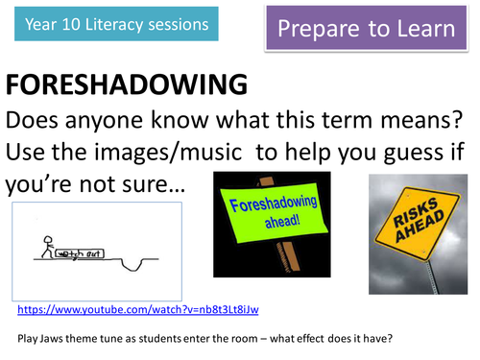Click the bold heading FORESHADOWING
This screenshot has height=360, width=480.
click(126, 85)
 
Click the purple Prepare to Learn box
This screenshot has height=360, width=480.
click(366, 28)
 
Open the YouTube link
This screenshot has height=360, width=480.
click(137, 309)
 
